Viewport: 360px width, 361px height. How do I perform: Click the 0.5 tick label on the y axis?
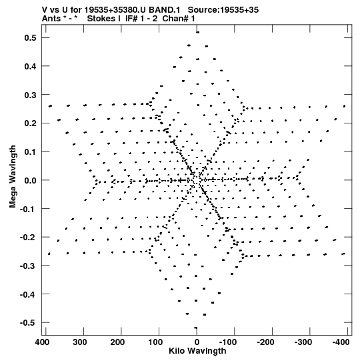coord(30,37)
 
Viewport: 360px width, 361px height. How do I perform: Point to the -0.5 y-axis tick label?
coord(28,322)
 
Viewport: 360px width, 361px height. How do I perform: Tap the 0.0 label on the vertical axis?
coord(30,180)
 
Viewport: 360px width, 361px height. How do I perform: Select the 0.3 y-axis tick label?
coord(30,95)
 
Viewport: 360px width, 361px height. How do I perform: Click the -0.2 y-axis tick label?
coord(28,237)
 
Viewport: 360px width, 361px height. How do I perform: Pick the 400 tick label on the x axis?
coord(42,342)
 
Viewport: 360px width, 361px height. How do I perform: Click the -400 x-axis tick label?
coord(341,342)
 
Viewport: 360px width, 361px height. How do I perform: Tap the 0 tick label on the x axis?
coord(197,342)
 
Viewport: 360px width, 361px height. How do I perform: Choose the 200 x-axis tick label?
coord(117,342)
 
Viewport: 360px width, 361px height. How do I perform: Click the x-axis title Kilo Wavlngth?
coord(197,351)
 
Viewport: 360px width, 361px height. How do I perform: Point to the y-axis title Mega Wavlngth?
coord(13,177)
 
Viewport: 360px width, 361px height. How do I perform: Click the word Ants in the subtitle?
coord(51,19)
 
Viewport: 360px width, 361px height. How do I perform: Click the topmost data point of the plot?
coord(197,33)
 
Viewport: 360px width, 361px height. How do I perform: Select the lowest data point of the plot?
coord(196,328)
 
